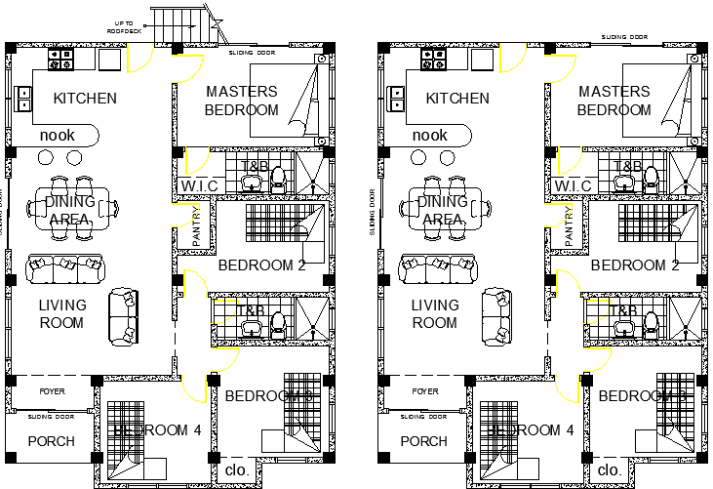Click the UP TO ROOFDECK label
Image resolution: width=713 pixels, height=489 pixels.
tap(125, 27)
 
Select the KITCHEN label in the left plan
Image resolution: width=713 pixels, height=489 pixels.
tap(85, 98)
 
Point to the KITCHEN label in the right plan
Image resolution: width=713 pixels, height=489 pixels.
tap(457, 98)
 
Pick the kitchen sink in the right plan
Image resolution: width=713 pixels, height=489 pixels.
tap(396, 99)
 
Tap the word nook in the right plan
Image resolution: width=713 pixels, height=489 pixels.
tap(429, 136)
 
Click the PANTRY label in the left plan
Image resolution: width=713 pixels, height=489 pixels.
tap(197, 224)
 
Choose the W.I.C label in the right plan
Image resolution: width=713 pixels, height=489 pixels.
tap(573, 185)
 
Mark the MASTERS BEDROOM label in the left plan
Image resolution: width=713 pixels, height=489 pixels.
tap(242, 101)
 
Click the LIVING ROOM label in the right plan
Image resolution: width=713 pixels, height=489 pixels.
tap(435, 313)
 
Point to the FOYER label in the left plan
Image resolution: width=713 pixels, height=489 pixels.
tap(51, 391)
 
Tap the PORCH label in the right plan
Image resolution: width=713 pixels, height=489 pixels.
tap(424, 441)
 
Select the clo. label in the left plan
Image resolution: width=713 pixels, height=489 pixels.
tap(237, 469)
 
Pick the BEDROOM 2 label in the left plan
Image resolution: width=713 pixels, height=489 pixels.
tap(262, 265)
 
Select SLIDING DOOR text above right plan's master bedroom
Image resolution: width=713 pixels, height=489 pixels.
tap(624, 36)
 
